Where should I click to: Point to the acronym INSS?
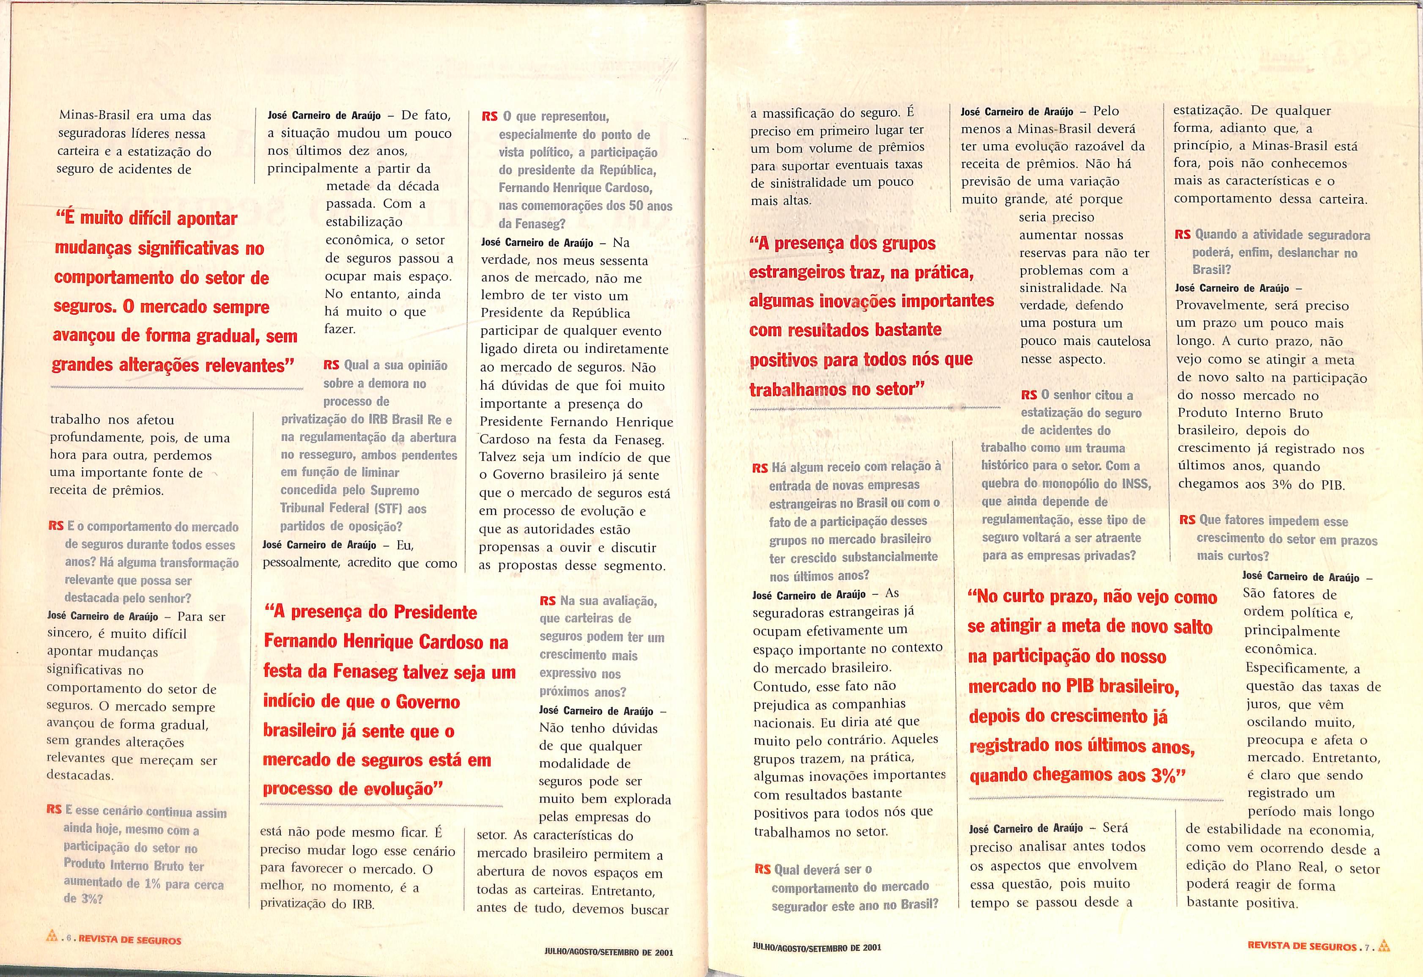1134,484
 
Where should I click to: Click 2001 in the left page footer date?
663,952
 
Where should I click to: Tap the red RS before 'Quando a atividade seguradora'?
1182,235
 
